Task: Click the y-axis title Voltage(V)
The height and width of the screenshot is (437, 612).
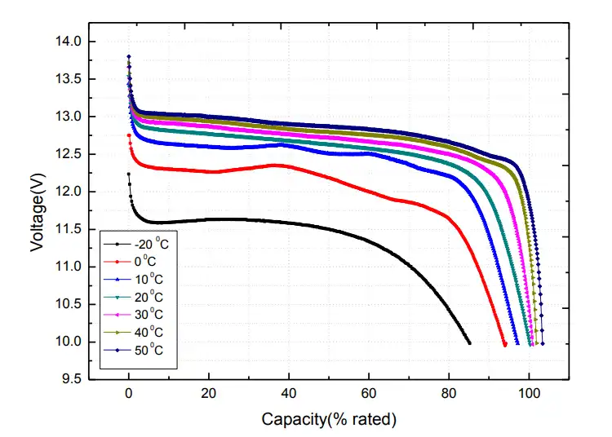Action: coord(38,210)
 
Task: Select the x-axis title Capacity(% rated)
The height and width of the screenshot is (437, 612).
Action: coord(329,420)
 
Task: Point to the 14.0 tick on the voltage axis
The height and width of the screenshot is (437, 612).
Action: coord(68,42)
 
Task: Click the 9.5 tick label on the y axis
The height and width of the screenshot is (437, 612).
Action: coord(71,379)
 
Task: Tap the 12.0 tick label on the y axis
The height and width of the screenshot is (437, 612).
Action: coord(68,192)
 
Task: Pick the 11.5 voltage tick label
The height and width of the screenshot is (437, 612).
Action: coord(68,229)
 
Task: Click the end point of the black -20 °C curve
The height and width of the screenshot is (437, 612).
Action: coord(469,343)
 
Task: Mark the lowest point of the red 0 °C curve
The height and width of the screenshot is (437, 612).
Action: coord(505,345)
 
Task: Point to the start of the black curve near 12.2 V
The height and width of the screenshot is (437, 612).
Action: coord(128,174)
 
